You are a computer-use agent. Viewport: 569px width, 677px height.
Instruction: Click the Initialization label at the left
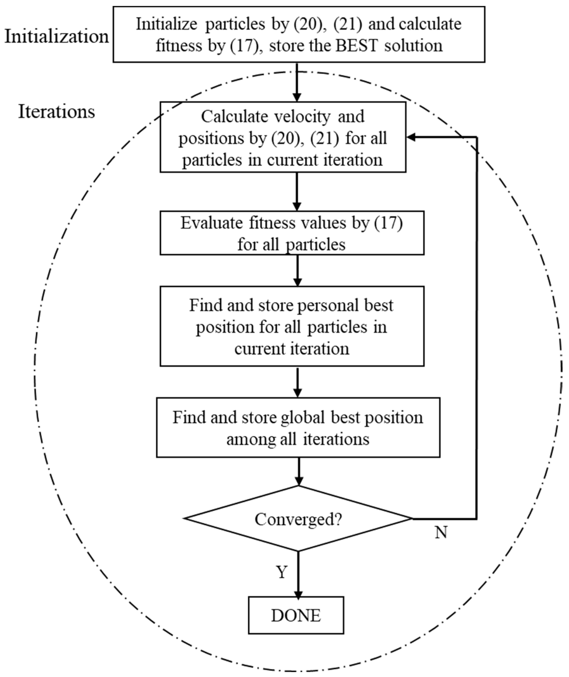[x=56, y=37]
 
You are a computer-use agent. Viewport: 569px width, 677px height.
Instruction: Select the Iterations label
[x=56, y=112]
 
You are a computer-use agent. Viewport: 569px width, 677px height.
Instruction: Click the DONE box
[x=296, y=616]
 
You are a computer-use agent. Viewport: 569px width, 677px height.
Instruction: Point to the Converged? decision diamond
[x=298, y=519]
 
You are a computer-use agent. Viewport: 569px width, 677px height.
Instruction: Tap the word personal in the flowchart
[x=328, y=305]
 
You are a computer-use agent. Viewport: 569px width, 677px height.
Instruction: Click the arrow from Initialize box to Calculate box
[x=297, y=82]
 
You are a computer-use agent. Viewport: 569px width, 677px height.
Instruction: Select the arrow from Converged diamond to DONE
[x=298, y=574]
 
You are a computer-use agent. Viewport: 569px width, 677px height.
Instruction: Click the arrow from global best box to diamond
[x=299, y=471]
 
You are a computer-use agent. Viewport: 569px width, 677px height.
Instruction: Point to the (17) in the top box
[x=245, y=45]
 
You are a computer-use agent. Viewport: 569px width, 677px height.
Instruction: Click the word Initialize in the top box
[x=166, y=24]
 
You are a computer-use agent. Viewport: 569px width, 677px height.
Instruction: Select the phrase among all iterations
[x=298, y=439]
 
